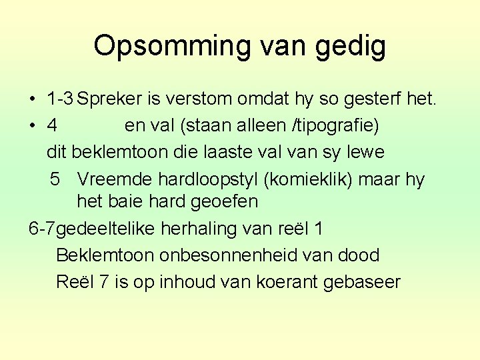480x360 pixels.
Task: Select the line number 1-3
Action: (60, 100)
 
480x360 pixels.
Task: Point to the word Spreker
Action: (110, 100)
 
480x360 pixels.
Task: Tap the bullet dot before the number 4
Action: (32, 126)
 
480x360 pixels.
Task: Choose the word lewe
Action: (366, 152)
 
